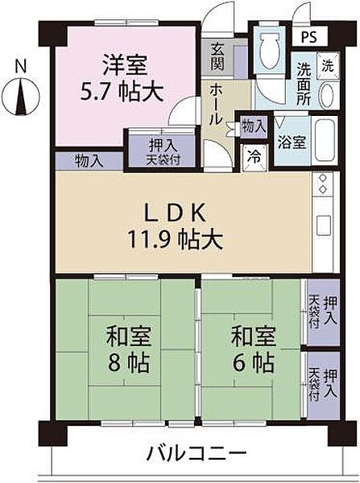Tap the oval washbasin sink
(x=328, y=95)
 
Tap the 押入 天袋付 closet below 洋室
(x=159, y=149)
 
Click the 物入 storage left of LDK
(x=89, y=160)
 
